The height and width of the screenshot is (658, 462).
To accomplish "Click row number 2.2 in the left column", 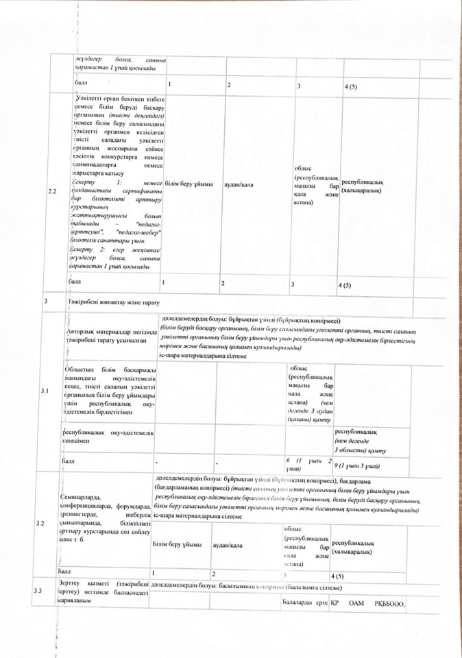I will pos(52,191).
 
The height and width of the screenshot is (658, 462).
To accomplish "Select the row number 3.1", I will pos(46,391).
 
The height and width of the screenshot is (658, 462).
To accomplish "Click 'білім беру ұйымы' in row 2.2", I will pos(189,185).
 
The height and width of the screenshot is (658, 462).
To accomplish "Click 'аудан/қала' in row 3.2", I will pos(230,545).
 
